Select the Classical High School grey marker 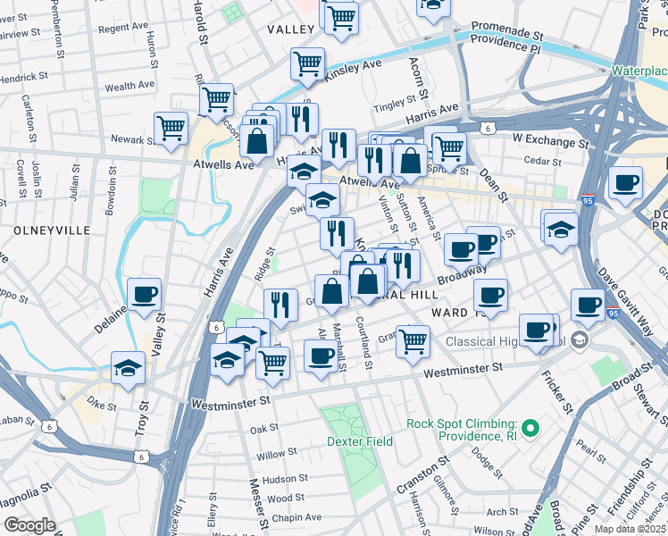580,340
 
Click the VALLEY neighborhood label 291,29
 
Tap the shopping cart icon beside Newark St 170,128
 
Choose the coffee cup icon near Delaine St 144,294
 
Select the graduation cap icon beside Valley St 128,366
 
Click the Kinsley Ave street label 352,66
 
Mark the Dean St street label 491,184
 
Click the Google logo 29,525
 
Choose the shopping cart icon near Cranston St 412,340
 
